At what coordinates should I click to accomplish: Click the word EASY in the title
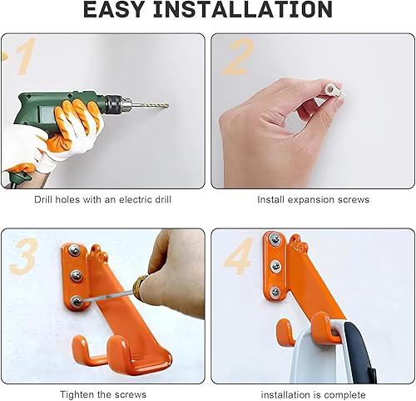click(113, 9)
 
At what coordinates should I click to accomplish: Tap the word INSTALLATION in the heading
click(243, 9)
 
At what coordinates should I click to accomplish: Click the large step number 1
click(26, 57)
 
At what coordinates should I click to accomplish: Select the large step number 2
click(239, 57)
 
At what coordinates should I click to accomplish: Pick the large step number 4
click(238, 257)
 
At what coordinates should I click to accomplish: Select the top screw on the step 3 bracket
click(76, 250)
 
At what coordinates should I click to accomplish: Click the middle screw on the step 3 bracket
click(76, 275)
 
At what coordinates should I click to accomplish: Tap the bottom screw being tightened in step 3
click(76, 301)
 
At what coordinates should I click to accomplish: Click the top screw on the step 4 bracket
click(275, 239)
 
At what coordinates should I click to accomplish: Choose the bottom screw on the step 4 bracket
click(275, 291)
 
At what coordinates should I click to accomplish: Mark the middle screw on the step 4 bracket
click(275, 265)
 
